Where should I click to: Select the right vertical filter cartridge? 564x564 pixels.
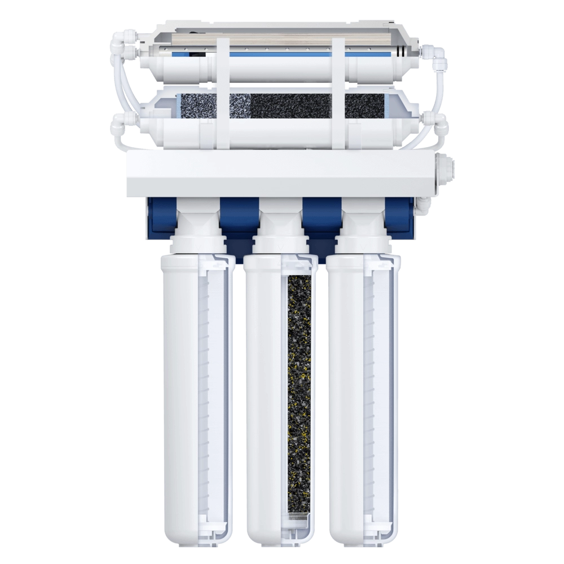point(362,395)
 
